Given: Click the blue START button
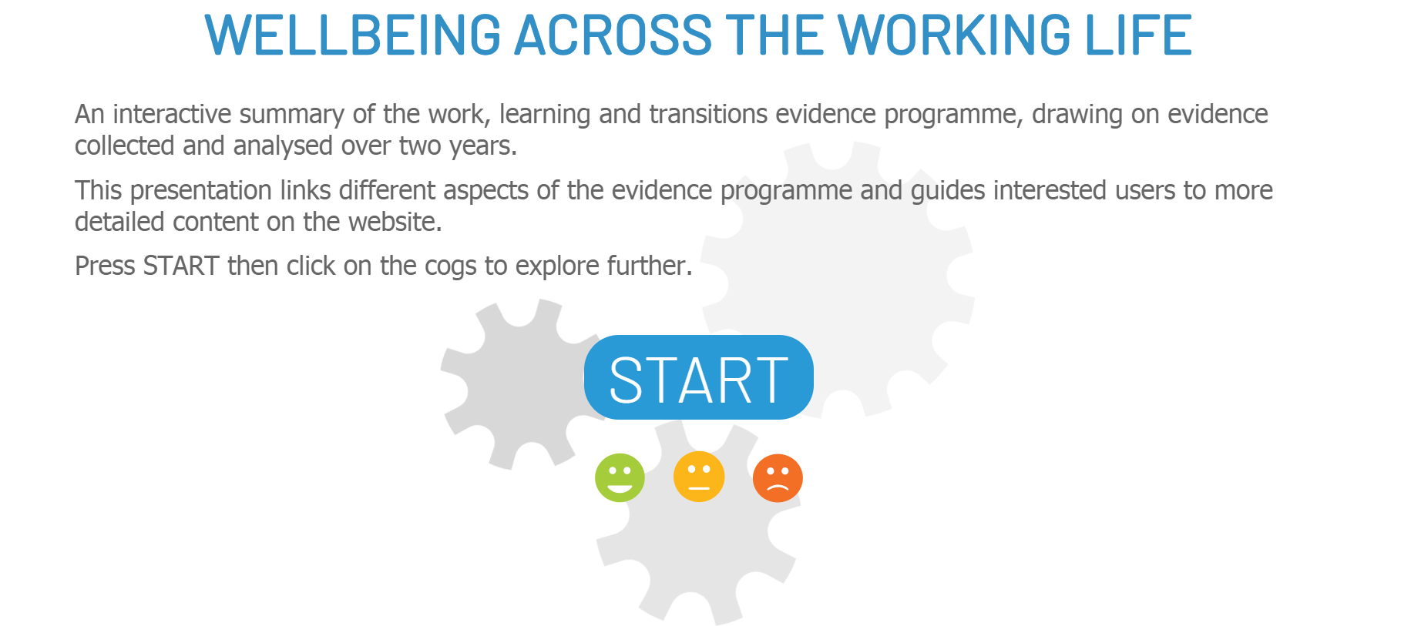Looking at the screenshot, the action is (698, 377).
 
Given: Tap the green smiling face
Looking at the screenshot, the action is (620, 477).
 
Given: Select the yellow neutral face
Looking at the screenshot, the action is (699, 477).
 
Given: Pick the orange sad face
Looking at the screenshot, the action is (778, 478).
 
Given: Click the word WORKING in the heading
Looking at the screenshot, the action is (954, 35).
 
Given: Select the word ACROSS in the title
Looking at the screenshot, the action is (613, 35).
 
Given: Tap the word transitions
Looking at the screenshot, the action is (708, 114).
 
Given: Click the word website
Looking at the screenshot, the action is (395, 222).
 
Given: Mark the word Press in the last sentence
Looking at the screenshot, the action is (105, 266).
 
